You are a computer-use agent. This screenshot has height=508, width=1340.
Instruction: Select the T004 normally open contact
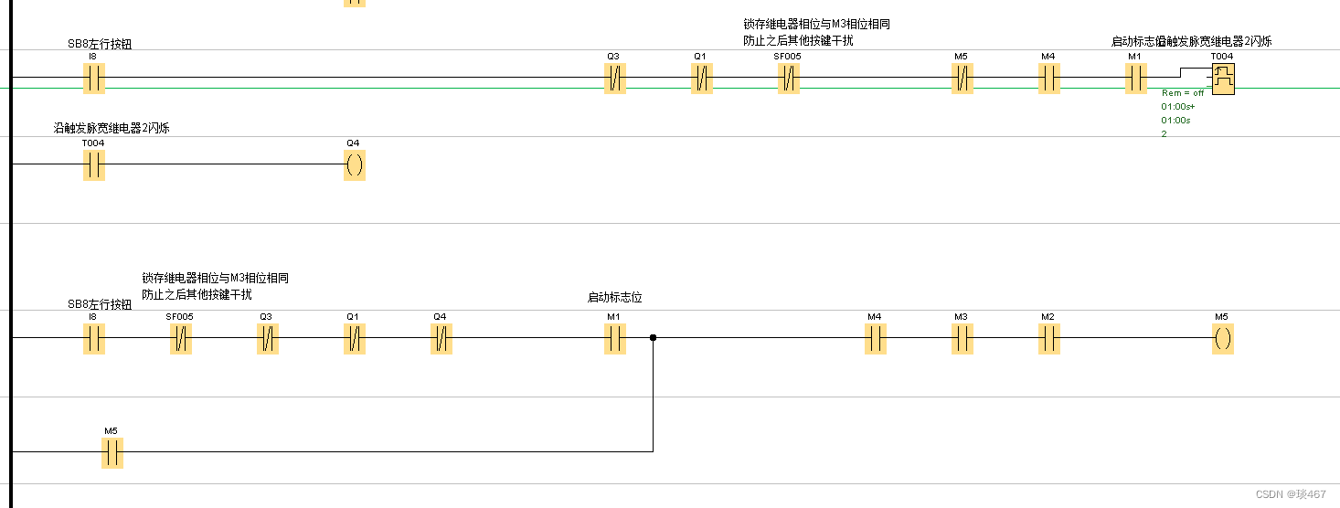click(x=94, y=165)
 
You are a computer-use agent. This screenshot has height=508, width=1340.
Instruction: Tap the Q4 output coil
click(x=355, y=165)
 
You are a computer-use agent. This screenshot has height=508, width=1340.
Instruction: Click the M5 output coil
click(x=1222, y=339)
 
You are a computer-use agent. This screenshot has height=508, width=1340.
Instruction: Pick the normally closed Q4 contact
click(x=441, y=339)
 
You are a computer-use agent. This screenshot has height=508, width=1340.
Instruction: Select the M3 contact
click(x=962, y=339)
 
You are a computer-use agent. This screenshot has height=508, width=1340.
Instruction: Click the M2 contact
click(x=1048, y=339)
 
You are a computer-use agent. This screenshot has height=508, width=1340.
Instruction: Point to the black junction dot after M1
click(x=653, y=338)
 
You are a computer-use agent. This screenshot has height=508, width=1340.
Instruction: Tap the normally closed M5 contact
click(x=962, y=79)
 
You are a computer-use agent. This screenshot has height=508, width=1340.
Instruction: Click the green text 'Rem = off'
click(x=1183, y=93)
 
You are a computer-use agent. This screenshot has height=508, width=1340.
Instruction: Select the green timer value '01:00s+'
click(x=1178, y=107)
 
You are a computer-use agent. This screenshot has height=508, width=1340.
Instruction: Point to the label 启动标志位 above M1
click(x=614, y=298)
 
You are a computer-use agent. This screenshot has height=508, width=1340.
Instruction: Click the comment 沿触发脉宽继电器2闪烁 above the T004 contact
click(x=112, y=128)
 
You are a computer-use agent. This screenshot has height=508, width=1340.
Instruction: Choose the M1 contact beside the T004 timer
click(x=1135, y=79)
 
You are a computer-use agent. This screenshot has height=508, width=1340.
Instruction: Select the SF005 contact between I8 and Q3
click(x=181, y=339)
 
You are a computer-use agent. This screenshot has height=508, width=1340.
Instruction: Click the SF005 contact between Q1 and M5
click(x=788, y=79)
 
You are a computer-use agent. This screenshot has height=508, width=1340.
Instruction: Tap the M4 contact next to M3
click(x=875, y=339)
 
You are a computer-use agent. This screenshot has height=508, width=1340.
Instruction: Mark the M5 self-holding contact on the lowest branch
click(x=112, y=452)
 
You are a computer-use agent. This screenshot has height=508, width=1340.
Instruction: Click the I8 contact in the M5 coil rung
click(x=94, y=339)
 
